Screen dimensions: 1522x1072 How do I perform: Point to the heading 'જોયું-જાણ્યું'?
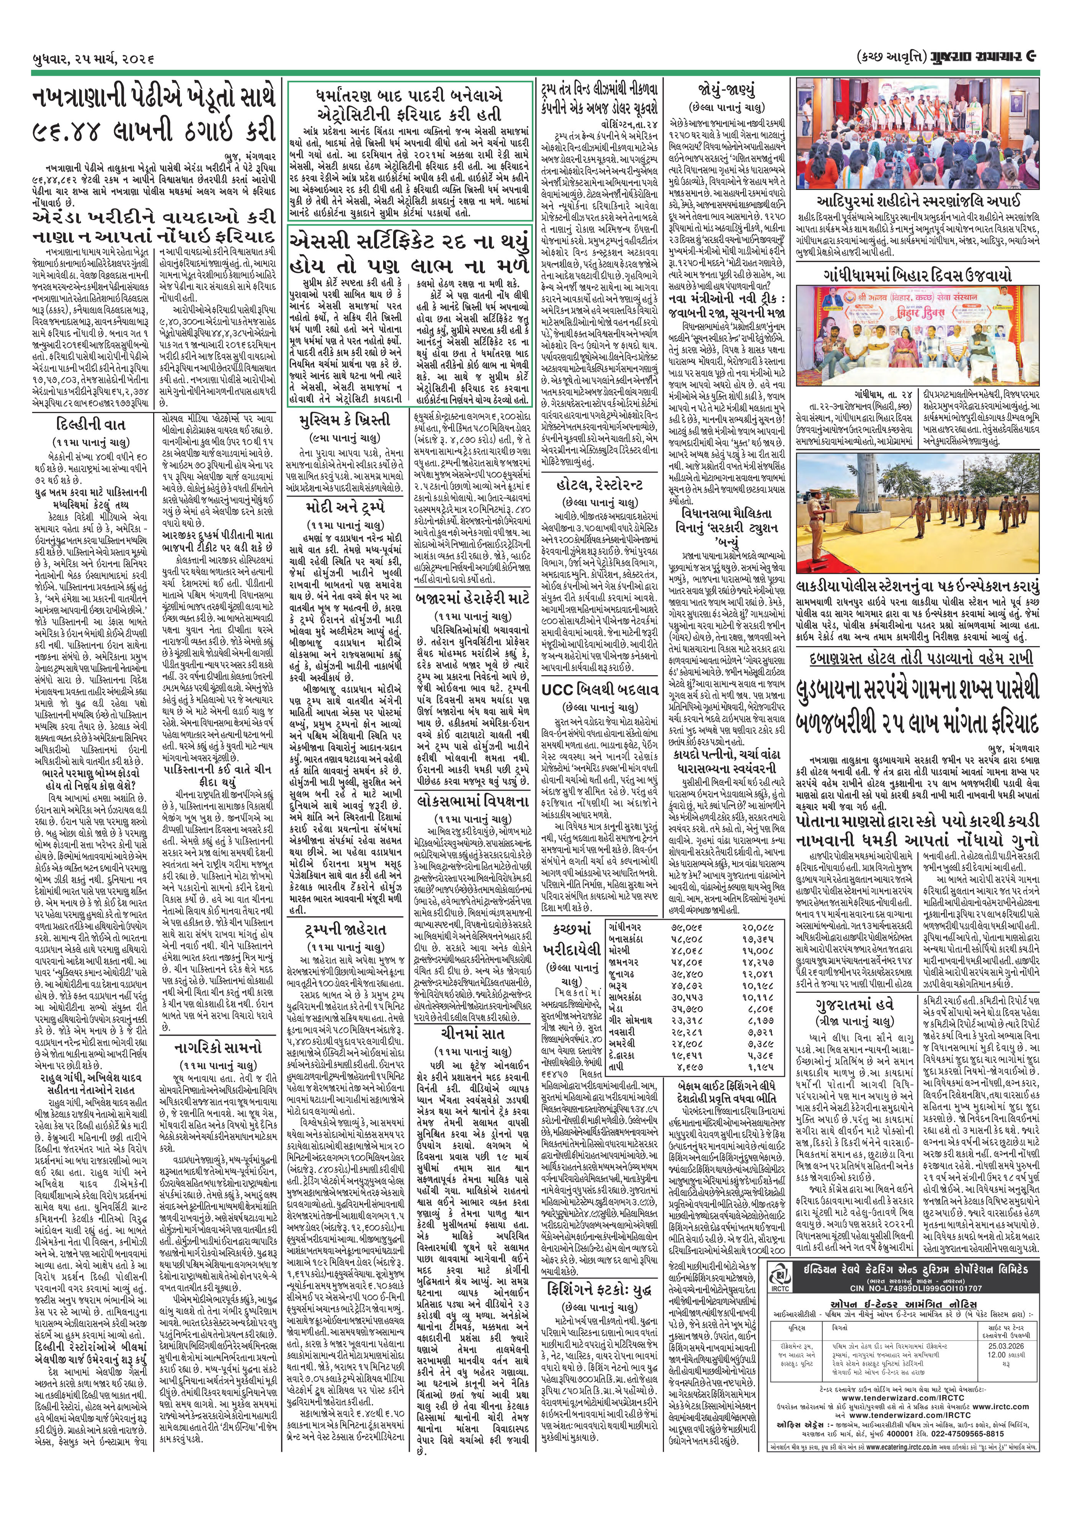(x=726, y=90)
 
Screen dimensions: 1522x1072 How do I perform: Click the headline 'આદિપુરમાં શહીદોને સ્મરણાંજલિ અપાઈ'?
(x=918, y=201)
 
